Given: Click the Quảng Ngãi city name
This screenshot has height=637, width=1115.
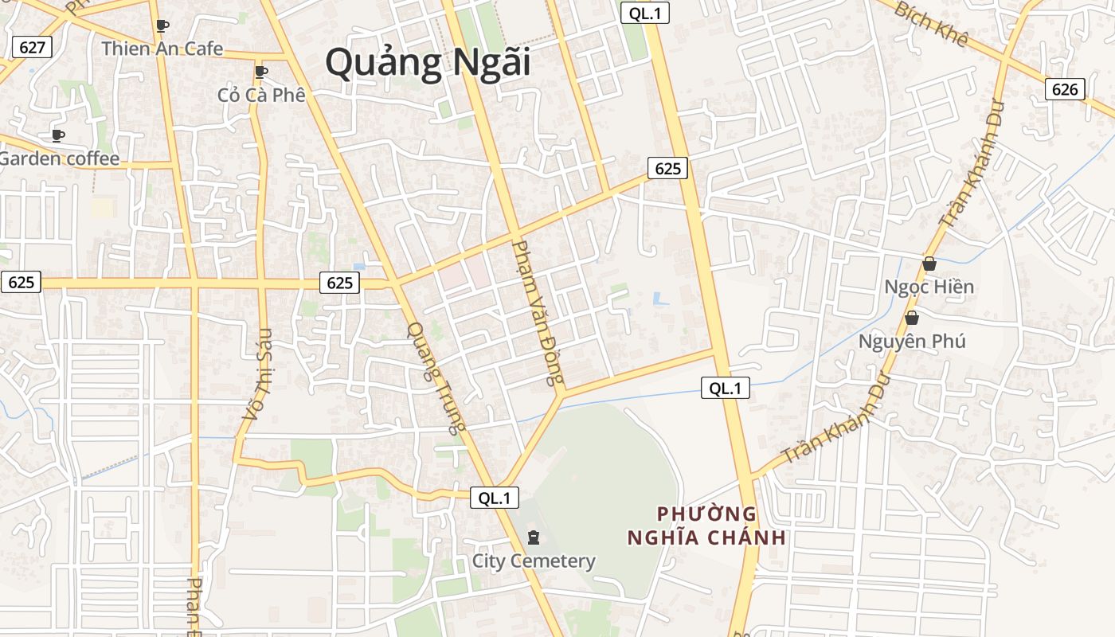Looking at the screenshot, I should coord(428,62).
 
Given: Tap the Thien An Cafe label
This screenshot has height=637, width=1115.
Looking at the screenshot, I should coord(162,49).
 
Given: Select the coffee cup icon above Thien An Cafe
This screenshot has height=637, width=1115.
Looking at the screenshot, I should coord(162,25).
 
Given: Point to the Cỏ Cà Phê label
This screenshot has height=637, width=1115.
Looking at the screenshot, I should coord(261,95).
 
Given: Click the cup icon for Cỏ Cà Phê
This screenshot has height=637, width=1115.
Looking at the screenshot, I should coord(260,72).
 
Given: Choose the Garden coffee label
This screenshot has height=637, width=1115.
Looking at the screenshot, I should coord(59,158).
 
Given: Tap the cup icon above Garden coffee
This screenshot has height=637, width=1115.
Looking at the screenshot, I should coord(58,135).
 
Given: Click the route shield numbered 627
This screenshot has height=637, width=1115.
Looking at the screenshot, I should coord(32,47).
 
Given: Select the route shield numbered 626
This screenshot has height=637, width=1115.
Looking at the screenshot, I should coord(1065,89).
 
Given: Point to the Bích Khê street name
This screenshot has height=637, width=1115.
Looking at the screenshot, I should coord(931,25).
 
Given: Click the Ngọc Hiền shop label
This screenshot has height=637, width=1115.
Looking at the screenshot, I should coord(929,287).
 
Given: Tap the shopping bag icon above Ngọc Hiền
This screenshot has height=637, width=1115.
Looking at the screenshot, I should coord(929,264).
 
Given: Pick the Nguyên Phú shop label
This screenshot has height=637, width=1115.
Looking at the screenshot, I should coord(912,342).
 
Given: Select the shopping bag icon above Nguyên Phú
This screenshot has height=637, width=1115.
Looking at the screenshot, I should coord(912,318).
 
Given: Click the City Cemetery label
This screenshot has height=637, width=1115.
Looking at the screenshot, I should coord(534,561).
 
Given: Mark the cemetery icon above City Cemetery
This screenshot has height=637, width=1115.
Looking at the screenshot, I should coord(534,537).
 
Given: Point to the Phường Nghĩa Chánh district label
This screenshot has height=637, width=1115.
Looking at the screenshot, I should coord(706,526).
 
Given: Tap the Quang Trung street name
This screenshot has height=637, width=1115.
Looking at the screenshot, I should coord(435,377).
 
